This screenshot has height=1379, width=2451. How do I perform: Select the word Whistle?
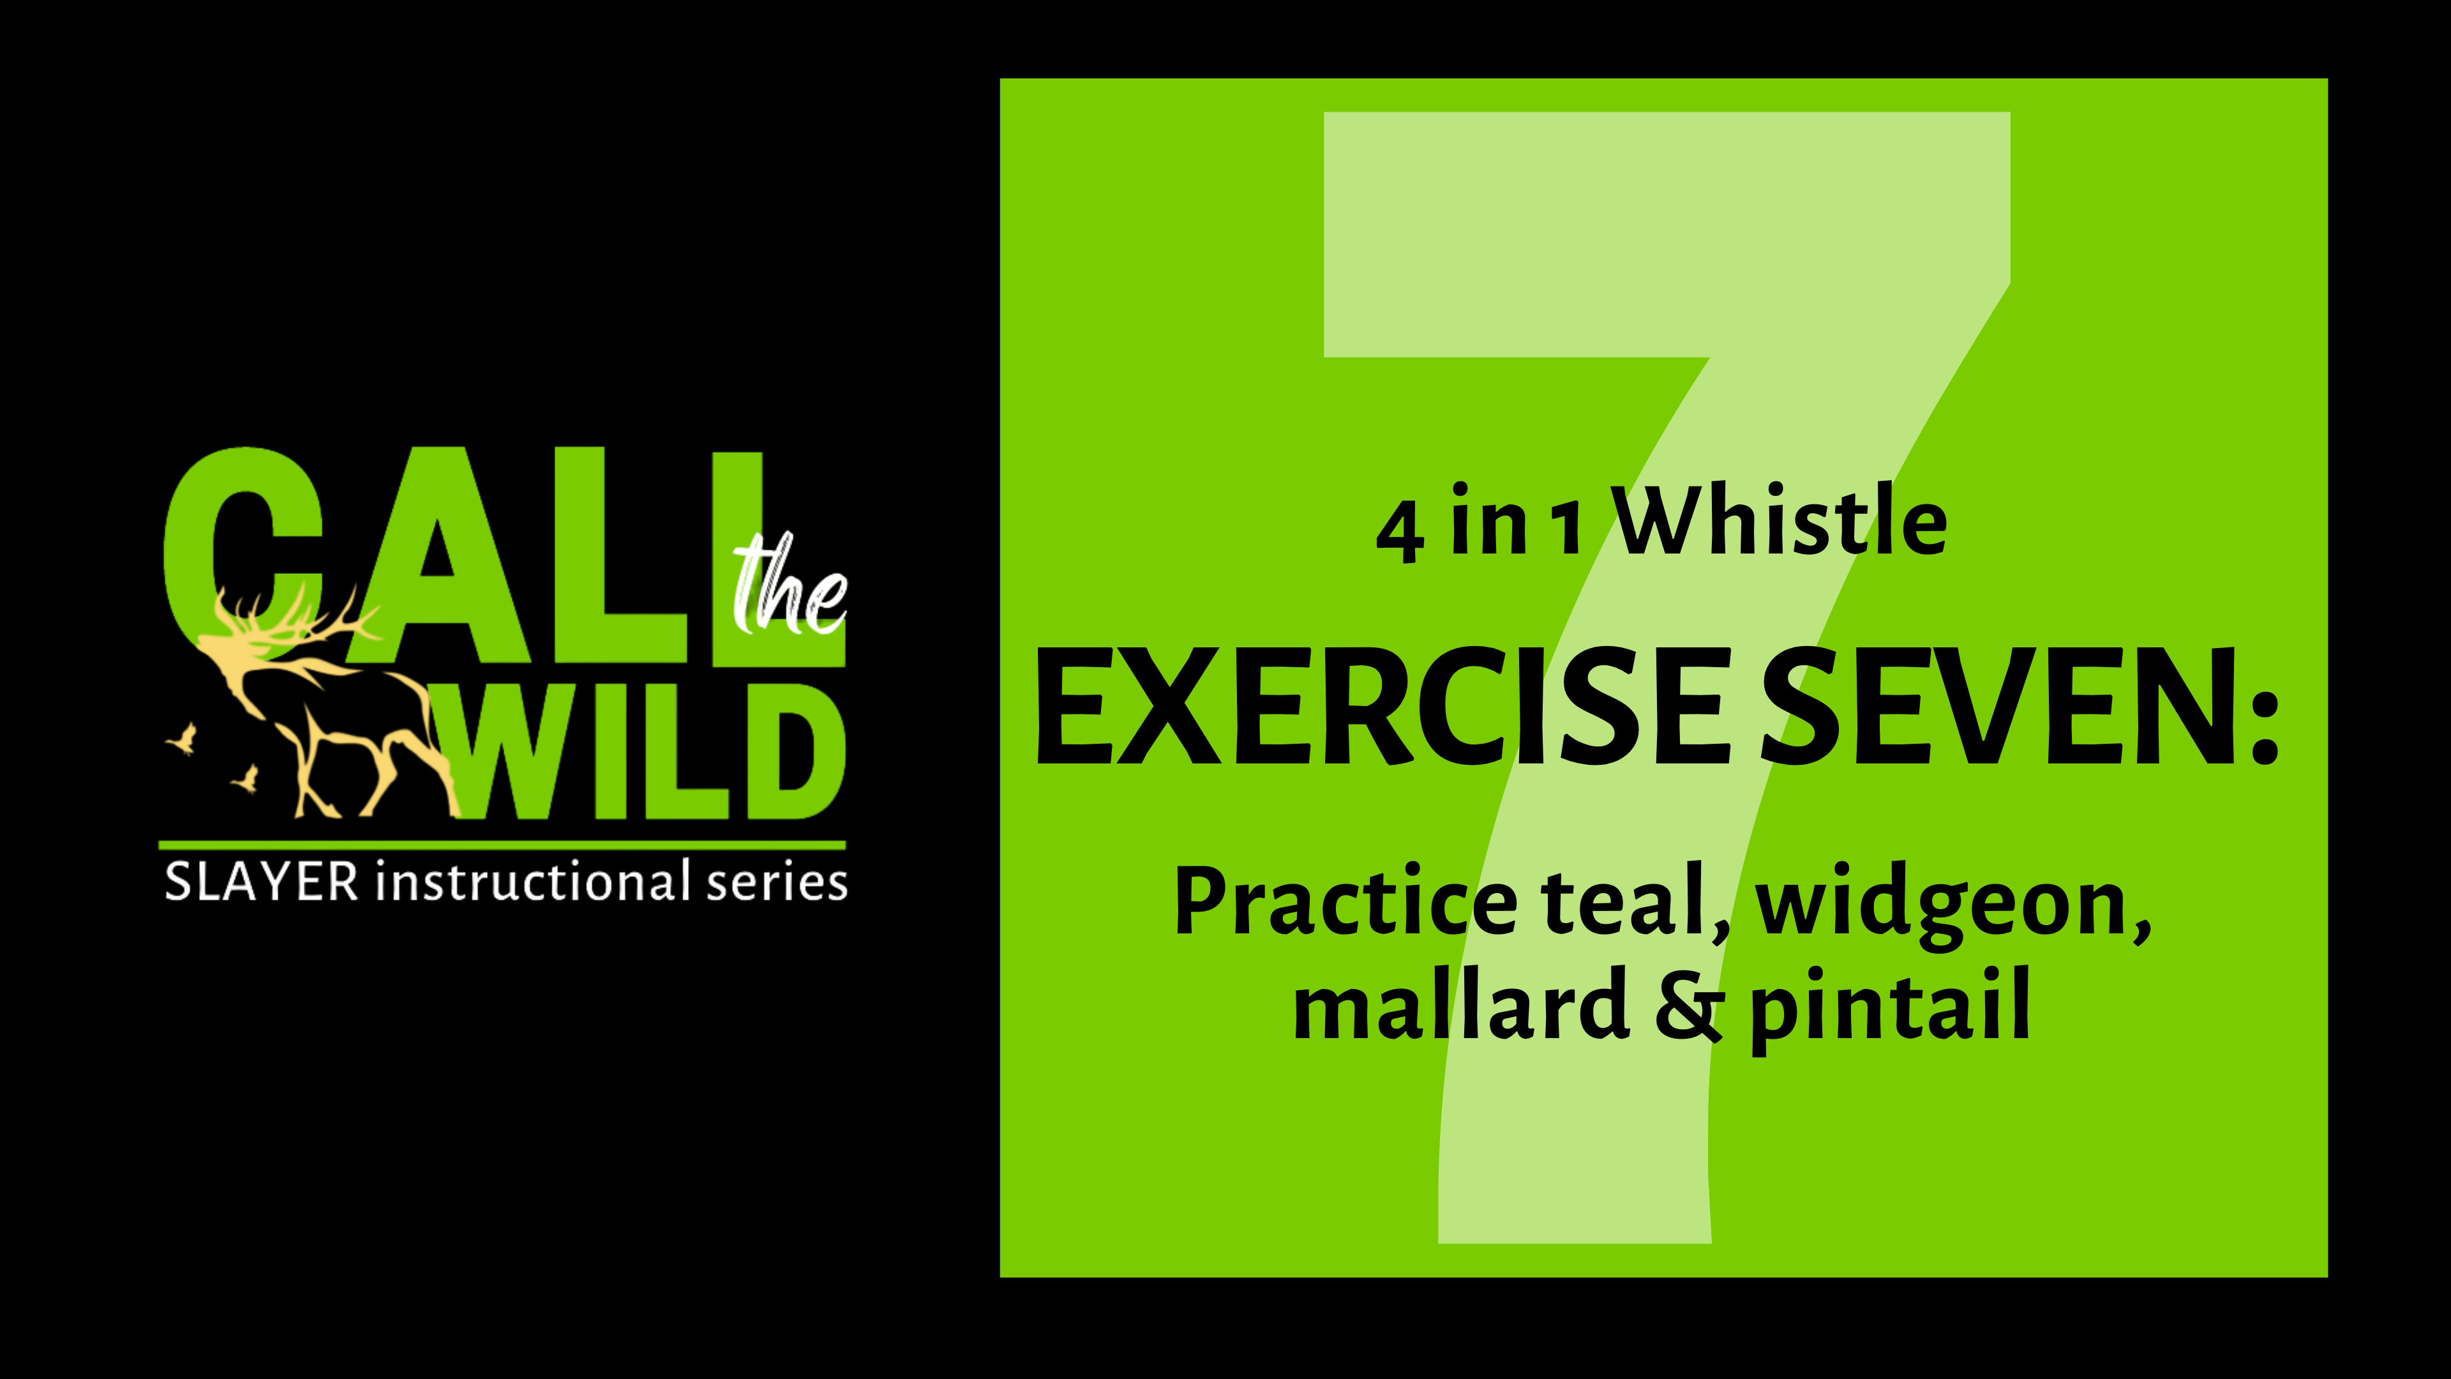point(1781,522)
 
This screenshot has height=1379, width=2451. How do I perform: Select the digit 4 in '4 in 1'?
point(1400,533)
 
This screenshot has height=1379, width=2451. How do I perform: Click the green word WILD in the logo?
point(647,752)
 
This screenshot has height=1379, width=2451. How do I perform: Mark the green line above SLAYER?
point(502,844)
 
